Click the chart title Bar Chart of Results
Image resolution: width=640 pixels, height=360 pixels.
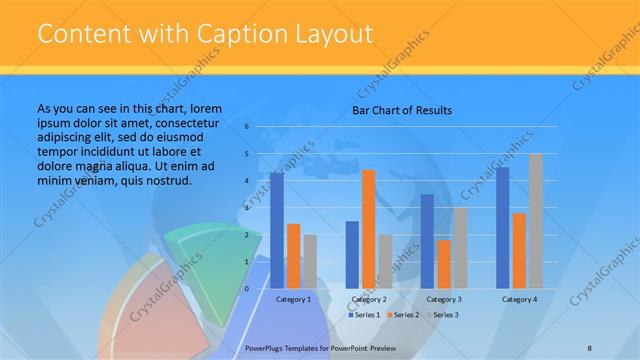coord(401,110)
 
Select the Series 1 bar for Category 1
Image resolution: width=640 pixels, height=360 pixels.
coord(277,230)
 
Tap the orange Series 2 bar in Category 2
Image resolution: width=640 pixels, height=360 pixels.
coord(368,229)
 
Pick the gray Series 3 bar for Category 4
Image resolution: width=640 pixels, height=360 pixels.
coord(535,221)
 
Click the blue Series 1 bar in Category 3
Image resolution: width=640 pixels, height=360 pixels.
coord(427,241)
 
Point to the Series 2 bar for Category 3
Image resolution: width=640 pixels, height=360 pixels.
coord(443,264)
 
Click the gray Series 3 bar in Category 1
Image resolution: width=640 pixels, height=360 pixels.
coord(309,261)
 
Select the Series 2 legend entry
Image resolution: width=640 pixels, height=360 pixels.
coord(405,315)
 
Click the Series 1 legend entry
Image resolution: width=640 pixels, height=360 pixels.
coord(365,315)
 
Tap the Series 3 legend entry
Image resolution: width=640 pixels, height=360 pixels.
coord(445,315)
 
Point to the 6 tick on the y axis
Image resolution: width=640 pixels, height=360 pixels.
coord(246,127)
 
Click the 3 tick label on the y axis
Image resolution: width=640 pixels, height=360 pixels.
coord(246,208)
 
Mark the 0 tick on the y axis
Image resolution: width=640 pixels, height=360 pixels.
coord(246,289)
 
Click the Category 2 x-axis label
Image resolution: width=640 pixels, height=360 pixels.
coord(368,299)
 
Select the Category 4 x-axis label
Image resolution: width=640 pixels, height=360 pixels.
coord(519,299)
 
